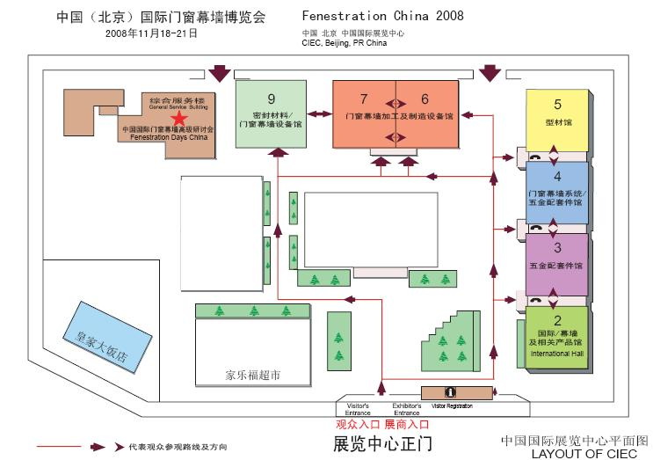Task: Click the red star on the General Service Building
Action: (x=179, y=119)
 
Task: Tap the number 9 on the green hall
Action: (x=272, y=99)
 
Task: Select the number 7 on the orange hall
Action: (x=364, y=98)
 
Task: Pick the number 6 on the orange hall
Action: (x=425, y=98)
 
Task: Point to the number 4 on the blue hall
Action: (x=556, y=176)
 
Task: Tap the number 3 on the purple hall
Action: (x=556, y=247)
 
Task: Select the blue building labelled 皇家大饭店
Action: (x=97, y=338)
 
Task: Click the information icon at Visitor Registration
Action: (x=450, y=392)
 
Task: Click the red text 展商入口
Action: (x=403, y=424)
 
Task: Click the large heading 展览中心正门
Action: (x=383, y=442)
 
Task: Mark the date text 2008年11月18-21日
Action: (x=151, y=33)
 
